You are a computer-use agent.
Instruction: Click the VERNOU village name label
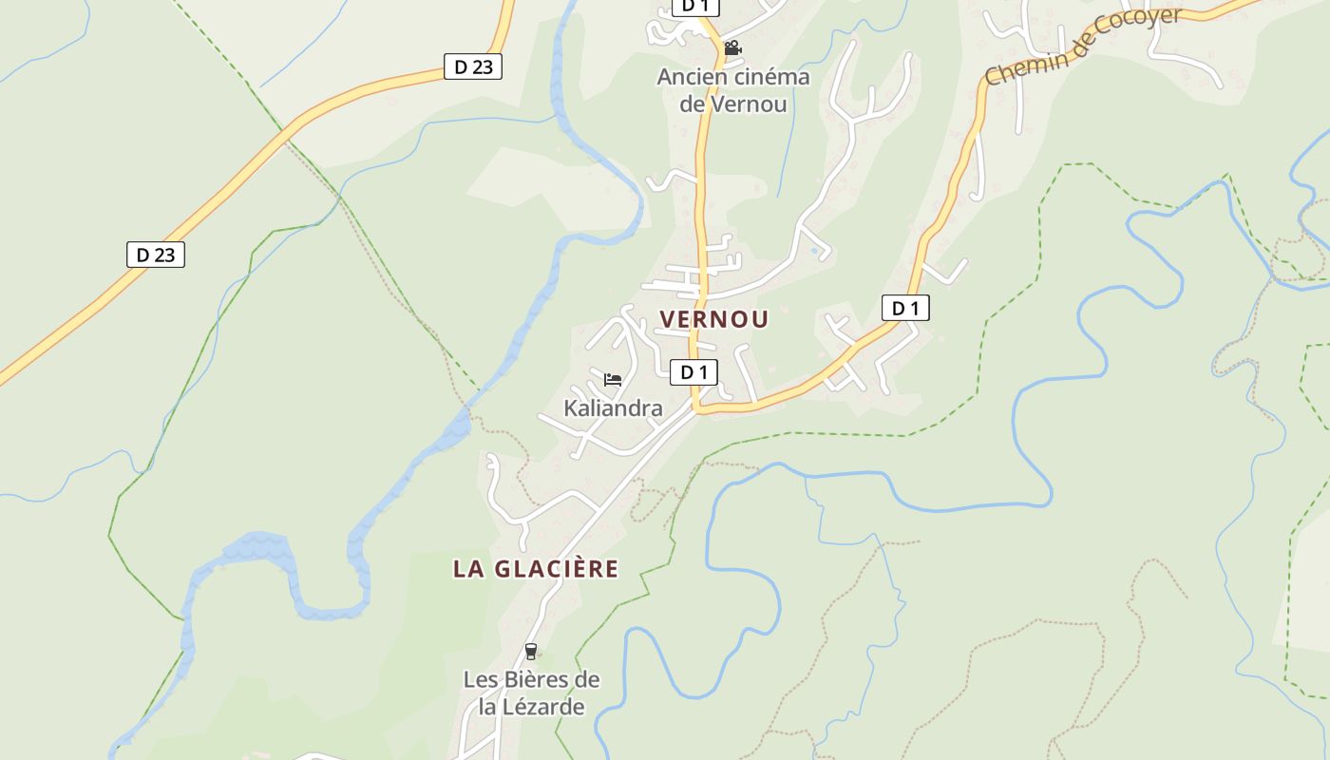714,319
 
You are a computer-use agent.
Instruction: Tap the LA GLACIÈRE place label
536,569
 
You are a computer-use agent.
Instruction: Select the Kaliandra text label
613,408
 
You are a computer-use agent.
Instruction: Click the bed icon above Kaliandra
613,380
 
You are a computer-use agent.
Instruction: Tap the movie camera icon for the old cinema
732,47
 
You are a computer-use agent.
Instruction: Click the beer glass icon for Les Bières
530,652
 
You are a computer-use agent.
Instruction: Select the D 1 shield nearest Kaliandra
693,372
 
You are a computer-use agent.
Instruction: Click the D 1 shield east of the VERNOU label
905,308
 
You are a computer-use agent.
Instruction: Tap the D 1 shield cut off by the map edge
695,7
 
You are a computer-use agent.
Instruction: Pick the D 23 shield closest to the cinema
473,66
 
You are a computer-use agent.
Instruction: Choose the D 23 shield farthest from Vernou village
156,255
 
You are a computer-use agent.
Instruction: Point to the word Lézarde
545,707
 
